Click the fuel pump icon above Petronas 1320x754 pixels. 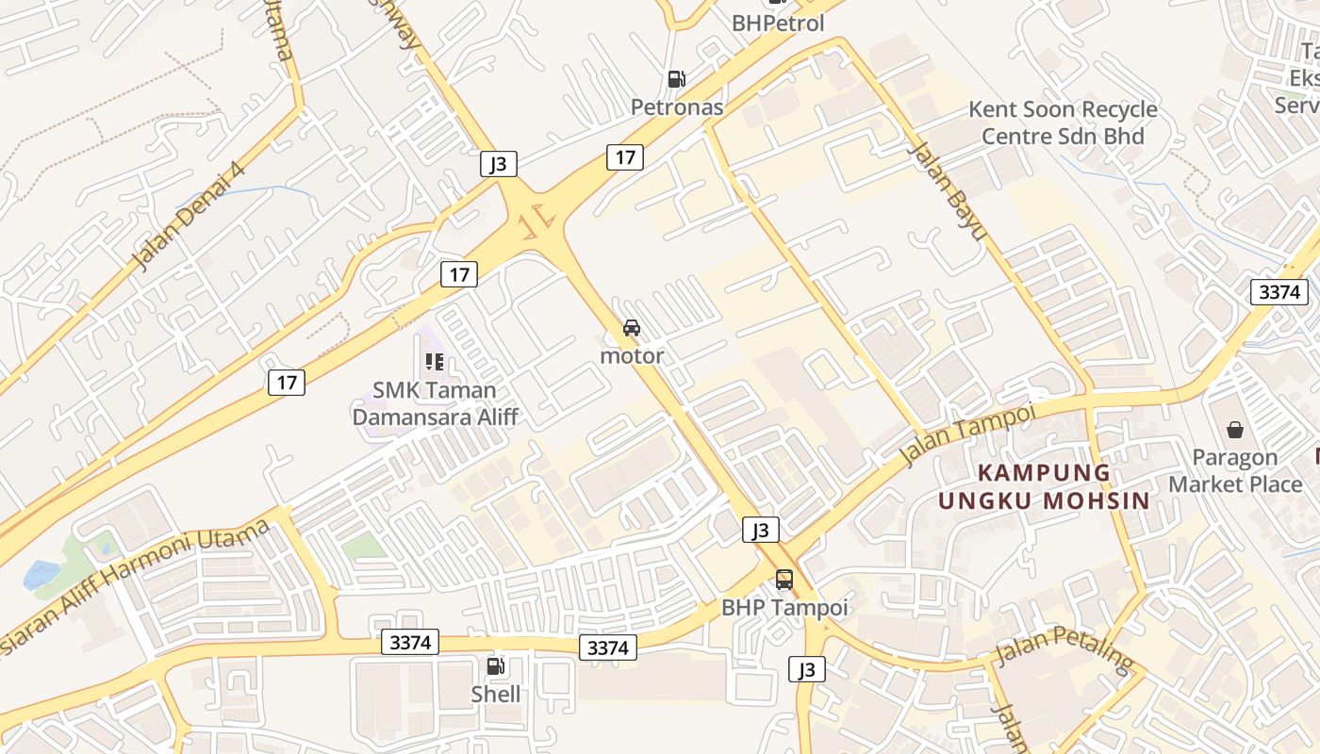pyautogui.click(x=676, y=79)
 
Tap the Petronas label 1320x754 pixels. pyautogui.click(x=677, y=107)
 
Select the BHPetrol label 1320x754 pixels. pyautogui.click(x=778, y=23)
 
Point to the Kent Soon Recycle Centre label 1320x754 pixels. pyautogui.click(x=1063, y=123)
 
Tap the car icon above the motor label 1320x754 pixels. pyautogui.click(x=632, y=328)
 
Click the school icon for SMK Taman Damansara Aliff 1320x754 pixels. pyautogui.click(x=434, y=361)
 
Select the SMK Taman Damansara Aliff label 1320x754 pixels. pyautogui.click(x=435, y=402)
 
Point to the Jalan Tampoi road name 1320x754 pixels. pyautogui.click(x=967, y=434)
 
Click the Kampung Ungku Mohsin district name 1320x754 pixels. pyautogui.click(x=1045, y=486)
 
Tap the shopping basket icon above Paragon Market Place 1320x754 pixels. pyautogui.click(x=1235, y=430)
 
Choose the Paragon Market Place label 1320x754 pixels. pyautogui.click(x=1235, y=470)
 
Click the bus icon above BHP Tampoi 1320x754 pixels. pyautogui.click(x=784, y=579)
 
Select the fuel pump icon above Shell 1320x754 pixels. pyautogui.click(x=495, y=666)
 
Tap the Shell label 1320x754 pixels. pyautogui.click(x=496, y=695)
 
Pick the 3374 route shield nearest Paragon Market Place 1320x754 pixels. pyautogui.click(x=1279, y=292)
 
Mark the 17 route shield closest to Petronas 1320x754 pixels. pyautogui.click(x=625, y=156)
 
